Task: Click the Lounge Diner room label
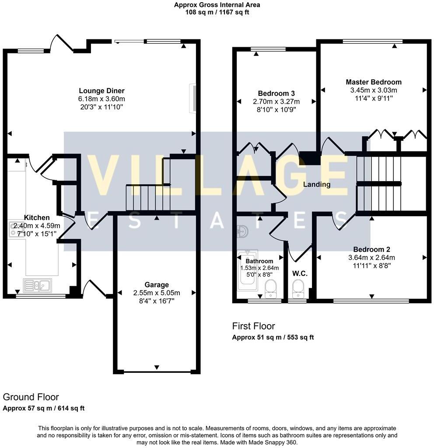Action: click(x=98, y=91)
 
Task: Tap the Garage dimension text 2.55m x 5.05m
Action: click(x=157, y=293)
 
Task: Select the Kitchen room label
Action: click(x=37, y=217)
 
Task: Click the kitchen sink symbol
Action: click(x=38, y=286)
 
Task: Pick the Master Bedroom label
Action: click(x=373, y=82)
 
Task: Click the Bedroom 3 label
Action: click(x=276, y=93)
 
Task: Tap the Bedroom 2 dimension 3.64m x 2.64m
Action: click(x=371, y=257)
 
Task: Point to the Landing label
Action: click(x=317, y=184)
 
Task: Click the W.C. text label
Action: click(x=300, y=273)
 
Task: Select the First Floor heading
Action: click(x=253, y=326)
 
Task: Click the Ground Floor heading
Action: click(x=31, y=397)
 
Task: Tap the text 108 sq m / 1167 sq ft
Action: click(x=217, y=13)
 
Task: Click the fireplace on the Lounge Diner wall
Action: click(x=192, y=99)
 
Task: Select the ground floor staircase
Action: click(x=148, y=198)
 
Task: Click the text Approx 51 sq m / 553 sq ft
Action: click(x=273, y=337)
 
